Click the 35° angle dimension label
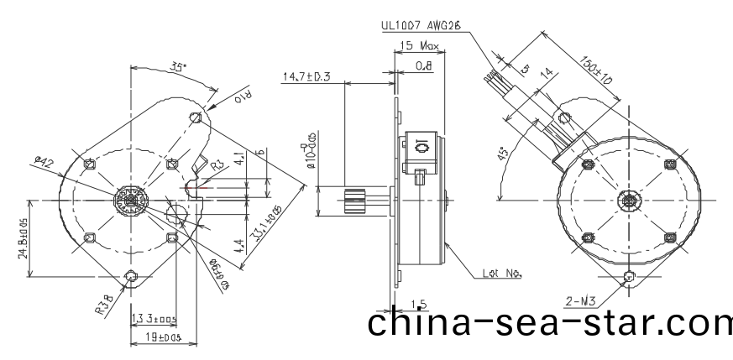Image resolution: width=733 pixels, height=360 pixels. coord(177,66)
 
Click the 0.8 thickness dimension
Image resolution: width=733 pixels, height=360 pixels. coord(423,65)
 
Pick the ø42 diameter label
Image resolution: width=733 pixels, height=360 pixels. coord(44,161)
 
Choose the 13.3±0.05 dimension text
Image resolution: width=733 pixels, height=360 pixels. coord(153,318)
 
